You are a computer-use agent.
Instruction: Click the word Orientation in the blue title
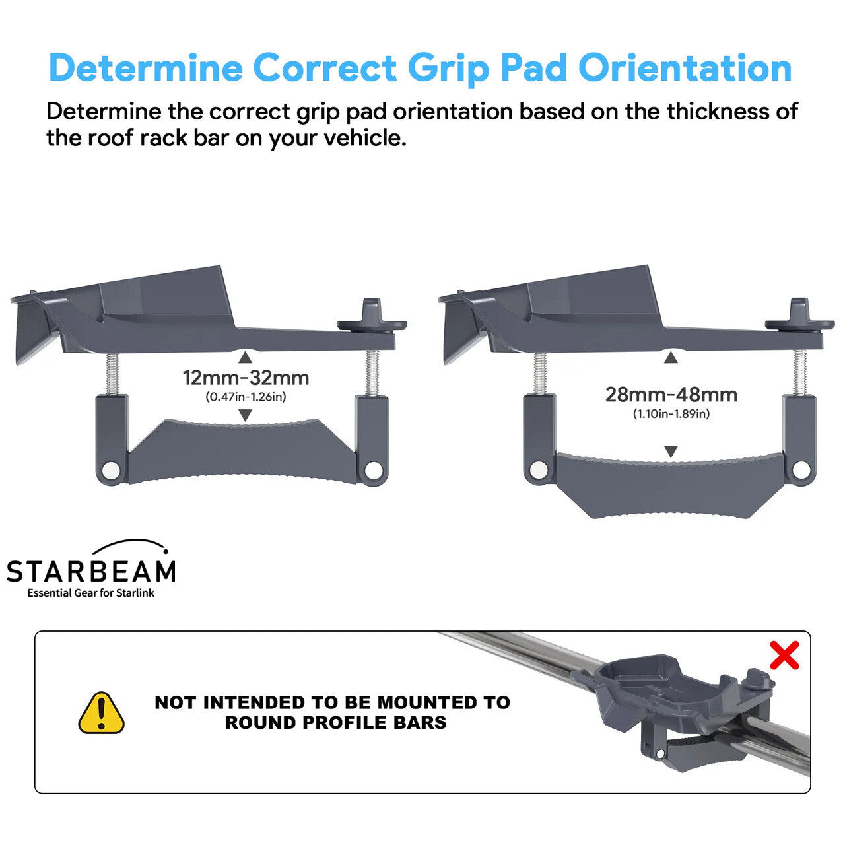tap(685, 68)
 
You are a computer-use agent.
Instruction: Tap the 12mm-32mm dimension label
tap(246, 378)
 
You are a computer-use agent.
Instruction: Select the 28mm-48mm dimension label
tap(671, 395)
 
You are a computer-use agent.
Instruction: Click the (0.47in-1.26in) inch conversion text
tap(246, 397)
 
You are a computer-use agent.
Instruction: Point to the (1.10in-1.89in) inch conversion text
tap(671, 414)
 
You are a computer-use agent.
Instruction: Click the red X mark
tap(784, 655)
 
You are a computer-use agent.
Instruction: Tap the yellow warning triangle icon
tap(101, 713)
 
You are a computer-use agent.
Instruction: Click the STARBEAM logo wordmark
tap(91, 571)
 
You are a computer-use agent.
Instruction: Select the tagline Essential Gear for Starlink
tap(90, 593)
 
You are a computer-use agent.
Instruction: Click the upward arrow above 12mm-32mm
tap(245, 358)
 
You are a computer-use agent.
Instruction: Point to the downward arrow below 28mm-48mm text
tap(671, 452)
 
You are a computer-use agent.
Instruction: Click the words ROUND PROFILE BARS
tap(335, 722)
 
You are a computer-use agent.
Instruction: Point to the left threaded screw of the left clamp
tap(112, 374)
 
